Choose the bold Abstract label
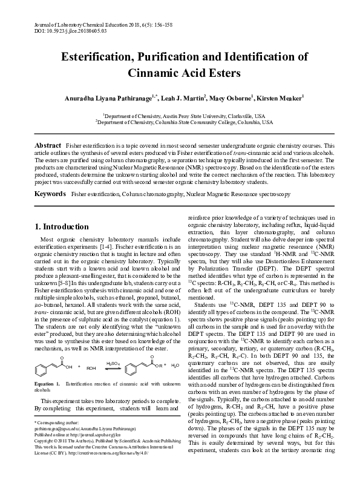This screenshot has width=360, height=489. pyautogui.click(x=48, y=146)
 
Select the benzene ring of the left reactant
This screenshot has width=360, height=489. pyautogui.click(x=42, y=350)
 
